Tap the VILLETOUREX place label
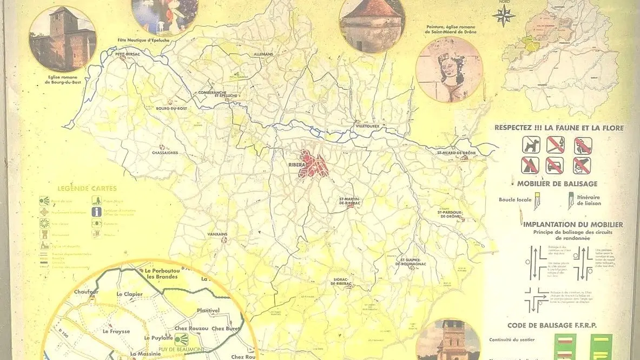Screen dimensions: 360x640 (367, 126)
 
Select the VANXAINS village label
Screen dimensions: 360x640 (217, 234)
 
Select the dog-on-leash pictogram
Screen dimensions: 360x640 (531, 145)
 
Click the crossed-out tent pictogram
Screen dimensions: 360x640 (531, 165)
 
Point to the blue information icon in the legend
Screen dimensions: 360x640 (96, 212)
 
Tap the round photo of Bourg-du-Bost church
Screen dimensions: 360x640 (63, 39)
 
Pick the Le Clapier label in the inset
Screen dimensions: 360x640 (129, 294)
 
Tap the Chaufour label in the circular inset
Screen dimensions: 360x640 (86, 292)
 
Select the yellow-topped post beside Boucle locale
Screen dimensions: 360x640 (537, 203)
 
